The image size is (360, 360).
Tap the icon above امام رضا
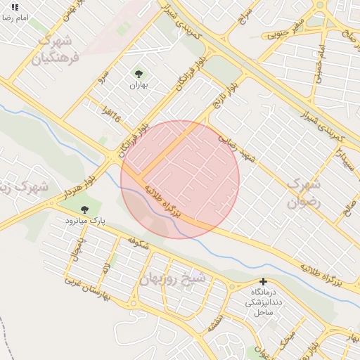coord(15,6)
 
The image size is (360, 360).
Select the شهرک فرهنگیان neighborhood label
coord(56,49)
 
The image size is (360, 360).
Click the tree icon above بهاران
coord(138,73)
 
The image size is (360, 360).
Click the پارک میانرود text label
coord(85,220)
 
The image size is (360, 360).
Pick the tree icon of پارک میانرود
coord(85,210)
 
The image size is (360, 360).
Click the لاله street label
coord(105,266)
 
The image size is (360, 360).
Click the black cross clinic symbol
coord(264,281)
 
